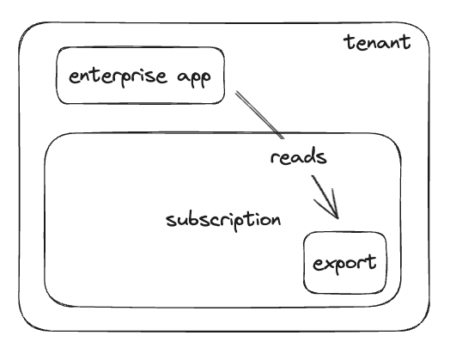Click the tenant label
(x=377, y=42)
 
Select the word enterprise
(x=118, y=76)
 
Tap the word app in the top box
(x=194, y=78)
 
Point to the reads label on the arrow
(x=298, y=156)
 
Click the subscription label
(x=223, y=220)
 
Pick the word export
(x=344, y=263)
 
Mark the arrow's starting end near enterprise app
(x=236, y=92)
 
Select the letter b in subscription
(x=193, y=219)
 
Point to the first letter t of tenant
(x=348, y=42)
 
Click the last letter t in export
(x=372, y=261)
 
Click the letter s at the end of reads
(x=322, y=158)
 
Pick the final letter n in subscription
(x=276, y=221)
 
